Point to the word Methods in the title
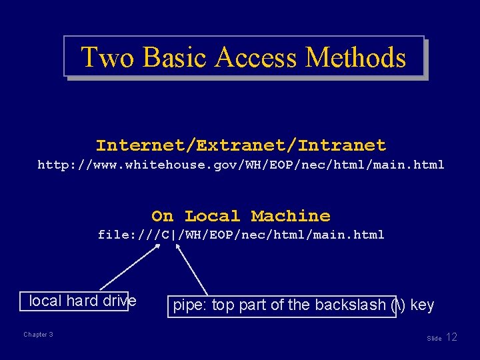pyautogui.click(x=355, y=58)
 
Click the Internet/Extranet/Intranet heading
pyautogui.click(x=241, y=145)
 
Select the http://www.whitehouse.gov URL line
pyautogui.click(x=241, y=164)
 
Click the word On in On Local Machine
pyautogui.click(x=162, y=216)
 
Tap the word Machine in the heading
pyautogui.click(x=291, y=216)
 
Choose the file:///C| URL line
pyautogui.click(x=241, y=235)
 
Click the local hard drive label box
pyautogui.click(x=74, y=301)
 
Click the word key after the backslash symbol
pyautogui.click(x=423, y=305)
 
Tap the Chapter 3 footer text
pyautogui.click(x=38, y=335)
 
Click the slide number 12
pyautogui.click(x=451, y=337)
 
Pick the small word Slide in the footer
pyautogui.click(x=434, y=339)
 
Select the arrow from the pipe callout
pyautogui.click(x=192, y=269)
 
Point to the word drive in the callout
pyautogui.click(x=120, y=301)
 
